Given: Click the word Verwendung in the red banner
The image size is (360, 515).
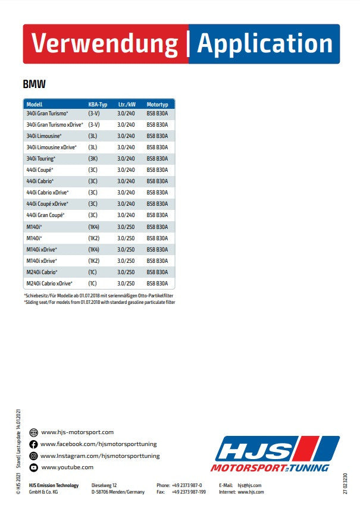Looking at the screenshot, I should pyautogui.click(x=104, y=44).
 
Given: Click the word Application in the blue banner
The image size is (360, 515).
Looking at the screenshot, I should pyautogui.click(x=265, y=44).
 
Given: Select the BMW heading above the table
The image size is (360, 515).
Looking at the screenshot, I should pyautogui.click(x=35, y=84).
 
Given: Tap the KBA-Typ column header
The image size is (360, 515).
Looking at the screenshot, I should pyautogui.click(x=98, y=105).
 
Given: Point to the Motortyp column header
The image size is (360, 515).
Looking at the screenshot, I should pyautogui.click(x=157, y=105).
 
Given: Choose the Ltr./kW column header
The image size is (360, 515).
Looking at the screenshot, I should pyautogui.click(x=127, y=105).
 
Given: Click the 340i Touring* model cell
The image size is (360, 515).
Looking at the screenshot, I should pyautogui.click(x=41, y=159).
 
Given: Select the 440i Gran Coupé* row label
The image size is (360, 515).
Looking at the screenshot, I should pyautogui.click(x=45, y=215).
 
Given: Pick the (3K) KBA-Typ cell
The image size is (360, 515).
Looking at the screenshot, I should pyautogui.click(x=93, y=159).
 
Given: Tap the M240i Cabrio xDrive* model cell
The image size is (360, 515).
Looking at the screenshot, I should pyautogui.click(x=49, y=284).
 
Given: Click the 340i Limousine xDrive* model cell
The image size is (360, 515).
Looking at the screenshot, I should pyautogui.click(x=52, y=147).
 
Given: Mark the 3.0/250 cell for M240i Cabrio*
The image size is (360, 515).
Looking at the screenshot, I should pyautogui.click(x=126, y=272).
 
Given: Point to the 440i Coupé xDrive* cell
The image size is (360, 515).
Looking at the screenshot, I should pyautogui.click(x=47, y=204).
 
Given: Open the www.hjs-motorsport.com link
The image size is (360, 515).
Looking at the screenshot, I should pyautogui.click(x=77, y=432).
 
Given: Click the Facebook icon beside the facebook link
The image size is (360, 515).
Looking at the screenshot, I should pyautogui.click(x=33, y=444).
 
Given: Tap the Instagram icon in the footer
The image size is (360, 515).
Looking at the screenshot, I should pyautogui.click(x=33, y=456).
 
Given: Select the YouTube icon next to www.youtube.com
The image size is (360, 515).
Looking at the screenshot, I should pyautogui.click(x=33, y=467).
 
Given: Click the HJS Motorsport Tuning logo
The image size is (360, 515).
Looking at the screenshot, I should pyautogui.click(x=277, y=454).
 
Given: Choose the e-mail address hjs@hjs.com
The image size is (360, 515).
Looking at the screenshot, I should pyautogui.click(x=249, y=485).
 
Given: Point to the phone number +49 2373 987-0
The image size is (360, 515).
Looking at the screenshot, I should pyautogui.click(x=187, y=485).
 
